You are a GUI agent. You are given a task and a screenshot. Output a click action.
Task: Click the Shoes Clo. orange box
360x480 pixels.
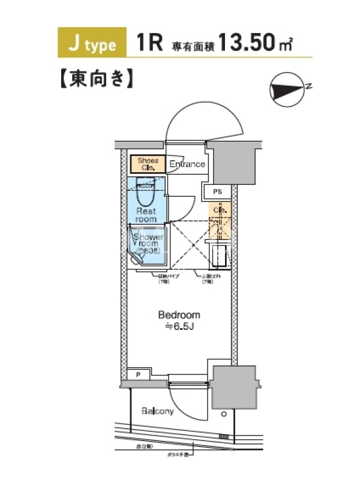(147, 164)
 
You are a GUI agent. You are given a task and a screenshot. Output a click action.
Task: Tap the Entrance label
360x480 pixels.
(187, 164)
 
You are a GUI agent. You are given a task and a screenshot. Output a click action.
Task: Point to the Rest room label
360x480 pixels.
(146, 215)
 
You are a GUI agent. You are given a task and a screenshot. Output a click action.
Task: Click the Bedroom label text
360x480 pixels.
(179, 314)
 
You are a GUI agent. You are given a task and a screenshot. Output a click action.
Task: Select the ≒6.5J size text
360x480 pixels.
(179, 326)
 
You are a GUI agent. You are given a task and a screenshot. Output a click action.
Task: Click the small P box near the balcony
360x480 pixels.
(139, 375)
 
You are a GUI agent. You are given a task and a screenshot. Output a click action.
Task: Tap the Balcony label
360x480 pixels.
(158, 411)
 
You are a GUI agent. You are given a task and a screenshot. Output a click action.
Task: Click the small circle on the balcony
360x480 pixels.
(223, 414)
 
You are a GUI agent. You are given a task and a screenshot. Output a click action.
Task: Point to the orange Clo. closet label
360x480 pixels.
(219, 211)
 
